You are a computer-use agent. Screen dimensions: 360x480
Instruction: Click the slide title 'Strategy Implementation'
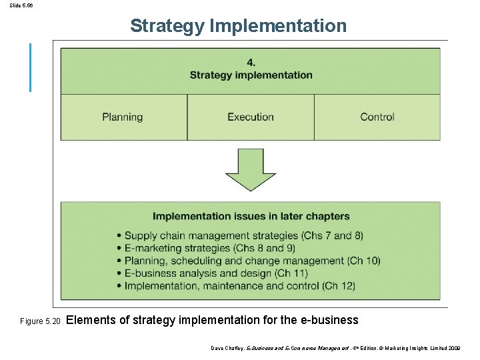(x=239, y=26)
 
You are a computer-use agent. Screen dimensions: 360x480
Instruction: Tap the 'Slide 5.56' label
(x=21, y=5)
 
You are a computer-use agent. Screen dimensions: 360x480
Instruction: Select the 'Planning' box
(x=123, y=117)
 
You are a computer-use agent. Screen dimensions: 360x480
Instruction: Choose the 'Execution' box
(x=251, y=117)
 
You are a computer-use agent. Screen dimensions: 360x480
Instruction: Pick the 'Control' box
(x=377, y=117)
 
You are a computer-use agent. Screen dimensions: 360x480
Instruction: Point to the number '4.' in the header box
(x=251, y=63)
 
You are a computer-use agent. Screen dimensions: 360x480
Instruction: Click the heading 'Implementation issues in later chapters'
(x=251, y=216)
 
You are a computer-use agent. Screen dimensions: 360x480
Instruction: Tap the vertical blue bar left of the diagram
(x=30, y=67)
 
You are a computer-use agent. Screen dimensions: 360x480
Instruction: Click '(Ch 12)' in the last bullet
(x=339, y=286)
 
